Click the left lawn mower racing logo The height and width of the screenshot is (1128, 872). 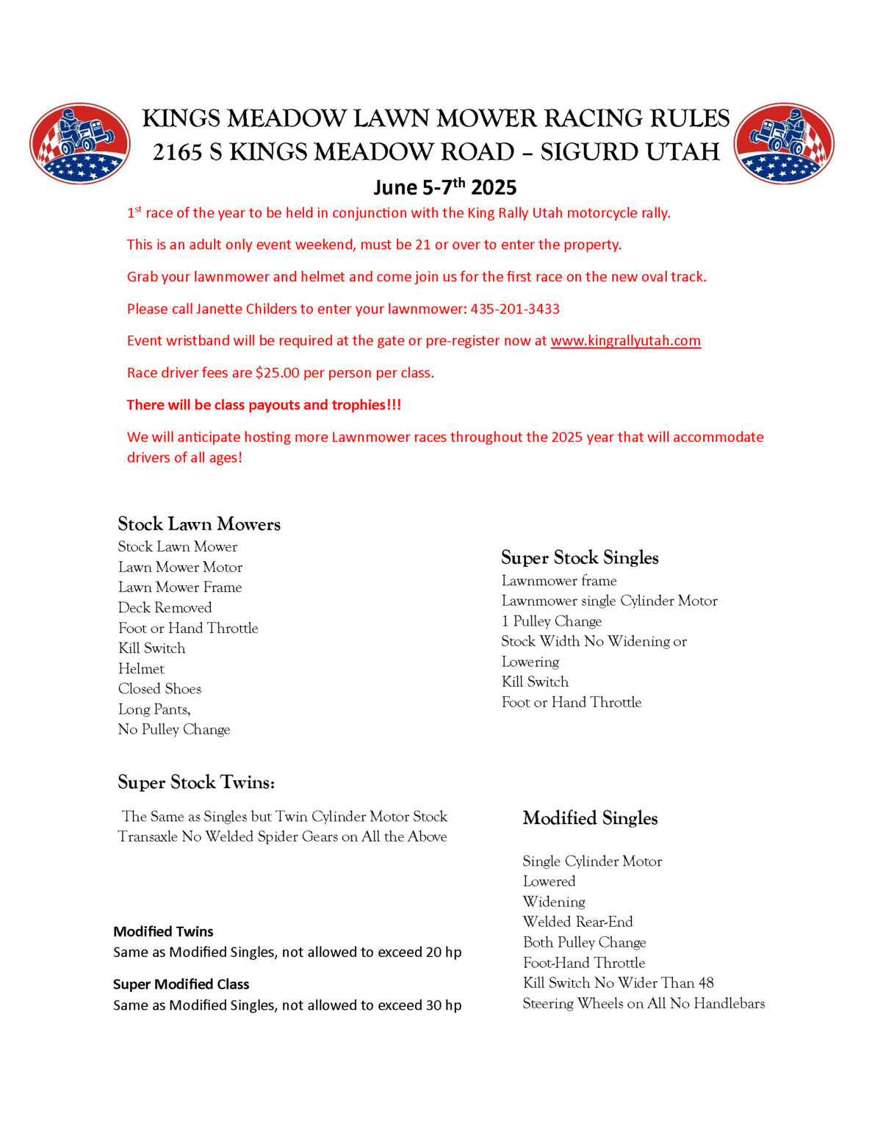click(80, 143)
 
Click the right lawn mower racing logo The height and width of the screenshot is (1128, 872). click(784, 143)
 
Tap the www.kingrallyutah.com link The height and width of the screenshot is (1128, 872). click(625, 341)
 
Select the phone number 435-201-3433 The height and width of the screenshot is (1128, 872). click(515, 309)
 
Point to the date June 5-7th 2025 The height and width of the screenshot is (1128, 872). click(444, 187)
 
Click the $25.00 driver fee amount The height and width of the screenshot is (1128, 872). click(277, 373)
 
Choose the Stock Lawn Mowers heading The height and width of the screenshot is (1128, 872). click(199, 524)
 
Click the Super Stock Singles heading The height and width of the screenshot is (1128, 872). click(580, 558)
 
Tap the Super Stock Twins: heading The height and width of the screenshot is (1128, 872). click(196, 783)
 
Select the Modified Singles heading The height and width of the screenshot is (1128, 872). click(590, 818)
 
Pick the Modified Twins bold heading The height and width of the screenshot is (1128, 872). click(163, 932)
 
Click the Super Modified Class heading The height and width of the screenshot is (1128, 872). click(181, 985)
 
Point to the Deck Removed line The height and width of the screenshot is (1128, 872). click(165, 608)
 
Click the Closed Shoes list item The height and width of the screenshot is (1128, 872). click(159, 689)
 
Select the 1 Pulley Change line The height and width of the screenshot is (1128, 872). click(551, 621)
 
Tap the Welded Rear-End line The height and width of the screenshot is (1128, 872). click(577, 922)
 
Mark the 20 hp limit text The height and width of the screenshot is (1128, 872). click(443, 952)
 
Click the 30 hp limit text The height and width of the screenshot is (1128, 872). click(443, 1005)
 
